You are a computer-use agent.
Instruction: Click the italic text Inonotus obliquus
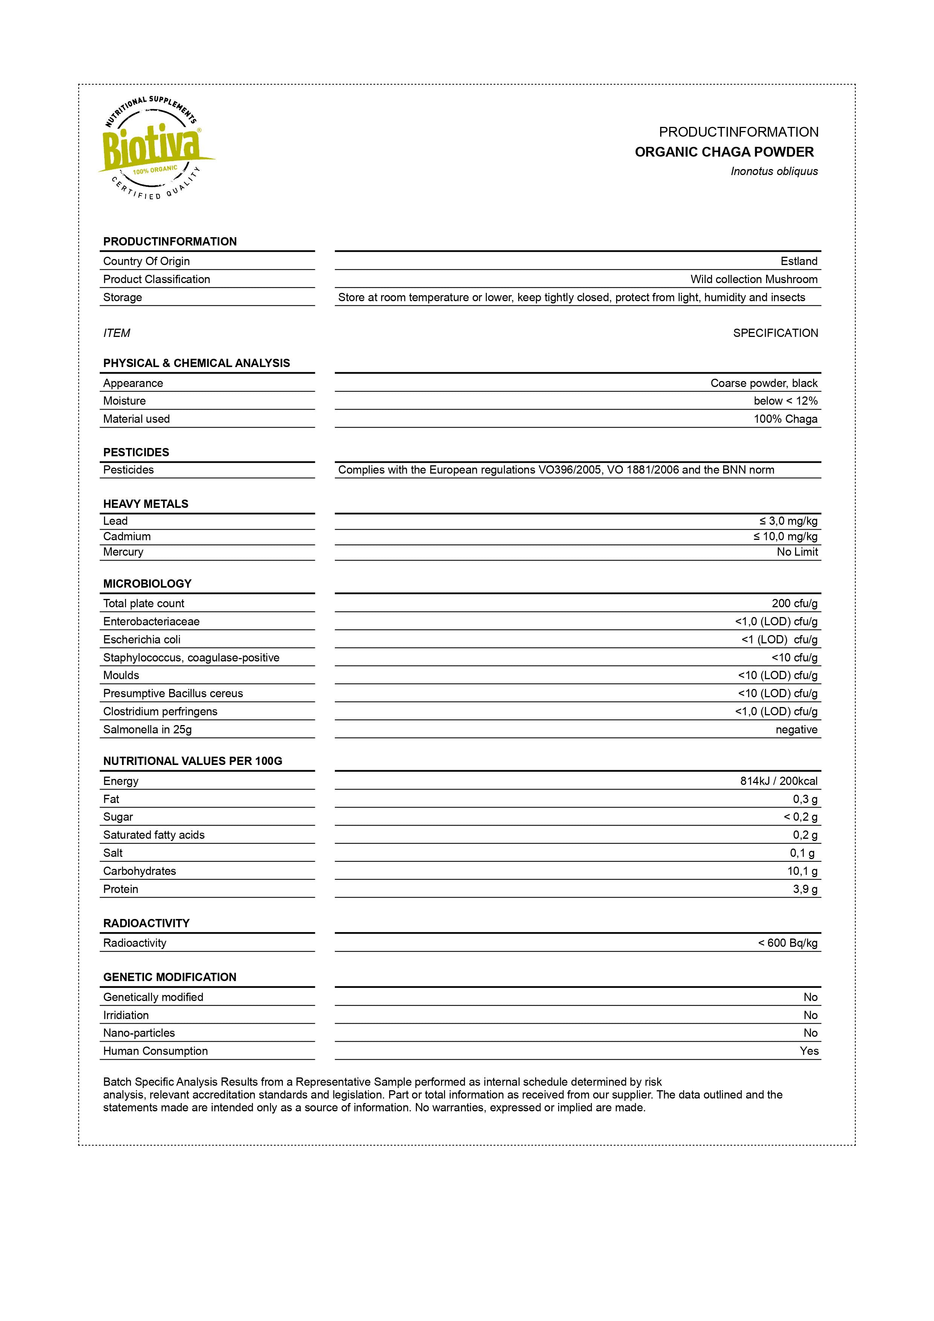click(774, 171)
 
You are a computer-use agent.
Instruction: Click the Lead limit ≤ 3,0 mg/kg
click(788, 521)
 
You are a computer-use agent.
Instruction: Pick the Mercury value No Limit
click(797, 552)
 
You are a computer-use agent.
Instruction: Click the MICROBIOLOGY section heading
click(147, 584)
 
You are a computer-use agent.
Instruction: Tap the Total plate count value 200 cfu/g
click(794, 603)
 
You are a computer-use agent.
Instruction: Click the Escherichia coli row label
click(142, 640)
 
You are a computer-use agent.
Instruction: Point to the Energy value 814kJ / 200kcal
click(778, 781)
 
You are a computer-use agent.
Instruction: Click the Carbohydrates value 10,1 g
click(802, 871)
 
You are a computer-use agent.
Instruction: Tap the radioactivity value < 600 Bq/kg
click(787, 943)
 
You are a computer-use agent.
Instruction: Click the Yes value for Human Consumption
click(809, 1051)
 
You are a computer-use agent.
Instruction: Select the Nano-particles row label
click(139, 1033)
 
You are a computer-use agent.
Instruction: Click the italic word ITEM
click(116, 333)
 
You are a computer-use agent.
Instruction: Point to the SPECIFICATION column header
click(775, 333)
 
